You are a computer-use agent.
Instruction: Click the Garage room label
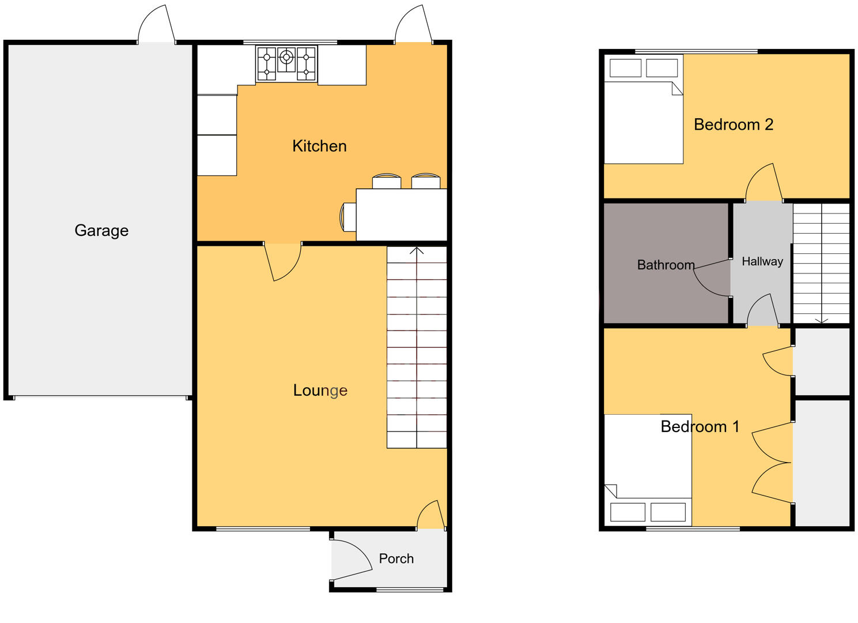click(x=101, y=231)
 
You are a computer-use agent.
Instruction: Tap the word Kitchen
click(x=319, y=146)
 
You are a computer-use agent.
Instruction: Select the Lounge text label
click(x=320, y=391)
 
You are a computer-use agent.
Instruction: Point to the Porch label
click(x=396, y=558)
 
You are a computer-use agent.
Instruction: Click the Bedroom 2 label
click(x=733, y=125)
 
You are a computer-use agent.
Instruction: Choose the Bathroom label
click(x=666, y=265)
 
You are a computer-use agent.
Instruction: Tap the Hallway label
click(x=762, y=261)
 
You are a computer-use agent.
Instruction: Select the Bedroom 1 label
click(x=700, y=427)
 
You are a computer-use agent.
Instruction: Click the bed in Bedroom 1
click(x=648, y=468)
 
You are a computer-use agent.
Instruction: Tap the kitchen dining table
click(x=402, y=215)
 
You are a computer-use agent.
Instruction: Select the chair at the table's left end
click(x=348, y=216)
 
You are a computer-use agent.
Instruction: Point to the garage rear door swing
click(x=156, y=24)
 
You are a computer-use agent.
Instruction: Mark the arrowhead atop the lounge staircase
click(x=417, y=250)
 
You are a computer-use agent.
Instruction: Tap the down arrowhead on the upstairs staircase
click(x=821, y=320)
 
